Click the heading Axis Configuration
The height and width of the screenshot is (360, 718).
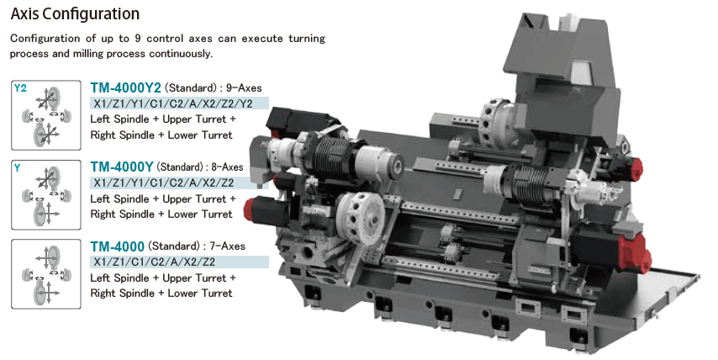coord(75,13)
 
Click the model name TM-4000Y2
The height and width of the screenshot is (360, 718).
coord(125,87)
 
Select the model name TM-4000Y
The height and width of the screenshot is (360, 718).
coord(121,167)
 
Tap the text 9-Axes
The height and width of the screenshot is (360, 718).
coord(244,87)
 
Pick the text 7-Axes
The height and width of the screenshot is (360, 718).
coord(227,246)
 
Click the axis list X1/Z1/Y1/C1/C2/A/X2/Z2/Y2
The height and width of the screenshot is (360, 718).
coord(173,103)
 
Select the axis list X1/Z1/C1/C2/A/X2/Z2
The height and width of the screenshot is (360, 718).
coord(155,262)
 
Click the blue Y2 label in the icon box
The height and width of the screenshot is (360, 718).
coord(20,88)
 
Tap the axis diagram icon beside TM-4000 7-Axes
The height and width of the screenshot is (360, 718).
coord(45,274)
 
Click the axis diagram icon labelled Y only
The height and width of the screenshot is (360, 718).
coord(45,194)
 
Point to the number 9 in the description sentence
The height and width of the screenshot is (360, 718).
coord(138,38)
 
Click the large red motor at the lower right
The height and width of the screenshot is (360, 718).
coord(634,253)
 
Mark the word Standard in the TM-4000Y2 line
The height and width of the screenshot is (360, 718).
coord(190,87)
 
